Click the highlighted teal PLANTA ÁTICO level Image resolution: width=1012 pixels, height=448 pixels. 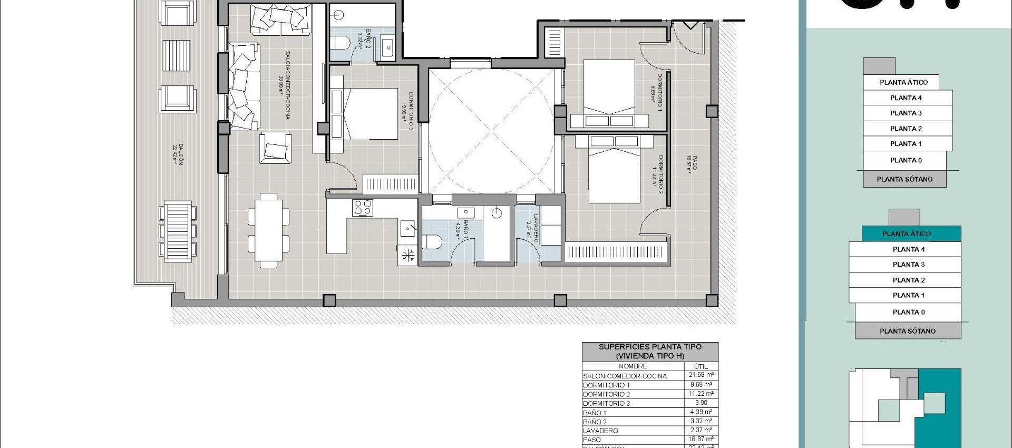[x=910, y=233]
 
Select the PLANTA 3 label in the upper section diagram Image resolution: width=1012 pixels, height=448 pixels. [x=906, y=113]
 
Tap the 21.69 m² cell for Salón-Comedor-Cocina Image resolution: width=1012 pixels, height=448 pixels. [x=701, y=375]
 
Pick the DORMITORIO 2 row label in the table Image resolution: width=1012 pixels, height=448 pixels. [x=607, y=394]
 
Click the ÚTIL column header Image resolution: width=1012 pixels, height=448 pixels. [x=701, y=366]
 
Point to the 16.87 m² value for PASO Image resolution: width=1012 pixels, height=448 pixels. [x=701, y=439]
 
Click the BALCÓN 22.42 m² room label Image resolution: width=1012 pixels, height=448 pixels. [x=178, y=154]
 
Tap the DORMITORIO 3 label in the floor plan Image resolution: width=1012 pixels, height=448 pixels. [x=407, y=111]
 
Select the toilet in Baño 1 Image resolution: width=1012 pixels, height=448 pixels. [x=432, y=241]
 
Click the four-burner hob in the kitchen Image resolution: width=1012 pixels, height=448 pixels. [x=363, y=207]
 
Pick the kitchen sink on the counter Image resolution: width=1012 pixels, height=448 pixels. [x=408, y=228]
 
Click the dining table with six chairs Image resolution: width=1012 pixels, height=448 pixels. [x=268, y=230]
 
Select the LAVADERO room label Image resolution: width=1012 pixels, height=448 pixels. [x=533, y=228]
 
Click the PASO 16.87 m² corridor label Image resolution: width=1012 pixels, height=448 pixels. [x=692, y=164]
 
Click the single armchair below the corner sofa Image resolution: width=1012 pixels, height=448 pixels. [x=275, y=148]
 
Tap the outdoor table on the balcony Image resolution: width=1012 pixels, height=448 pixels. [x=177, y=230]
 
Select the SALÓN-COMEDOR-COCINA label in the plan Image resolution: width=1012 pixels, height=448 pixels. [x=285, y=84]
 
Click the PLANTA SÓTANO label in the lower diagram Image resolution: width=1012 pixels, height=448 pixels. [x=907, y=331]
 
